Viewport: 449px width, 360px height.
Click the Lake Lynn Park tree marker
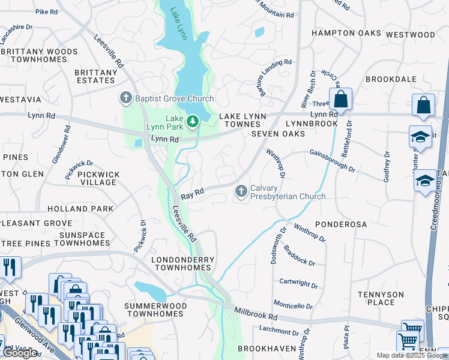pyautogui.click(x=193, y=122)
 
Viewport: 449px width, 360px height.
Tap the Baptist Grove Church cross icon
pyautogui.click(x=126, y=98)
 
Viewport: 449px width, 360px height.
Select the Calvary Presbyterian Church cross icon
pyautogui.click(x=241, y=191)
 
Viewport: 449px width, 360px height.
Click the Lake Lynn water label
pyautogui.click(x=178, y=23)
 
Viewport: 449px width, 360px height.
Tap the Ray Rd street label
pyautogui.click(x=193, y=194)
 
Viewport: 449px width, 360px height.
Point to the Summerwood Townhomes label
pyautogui.click(x=155, y=310)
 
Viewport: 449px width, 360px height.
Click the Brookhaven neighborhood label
pyautogui.click(x=267, y=349)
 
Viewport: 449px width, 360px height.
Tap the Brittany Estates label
pyautogui.click(x=96, y=76)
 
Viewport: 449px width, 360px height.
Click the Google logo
pyautogui.click(x=20, y=353)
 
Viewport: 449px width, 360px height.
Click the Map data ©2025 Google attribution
pyautogui.click(x=411, y=355)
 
